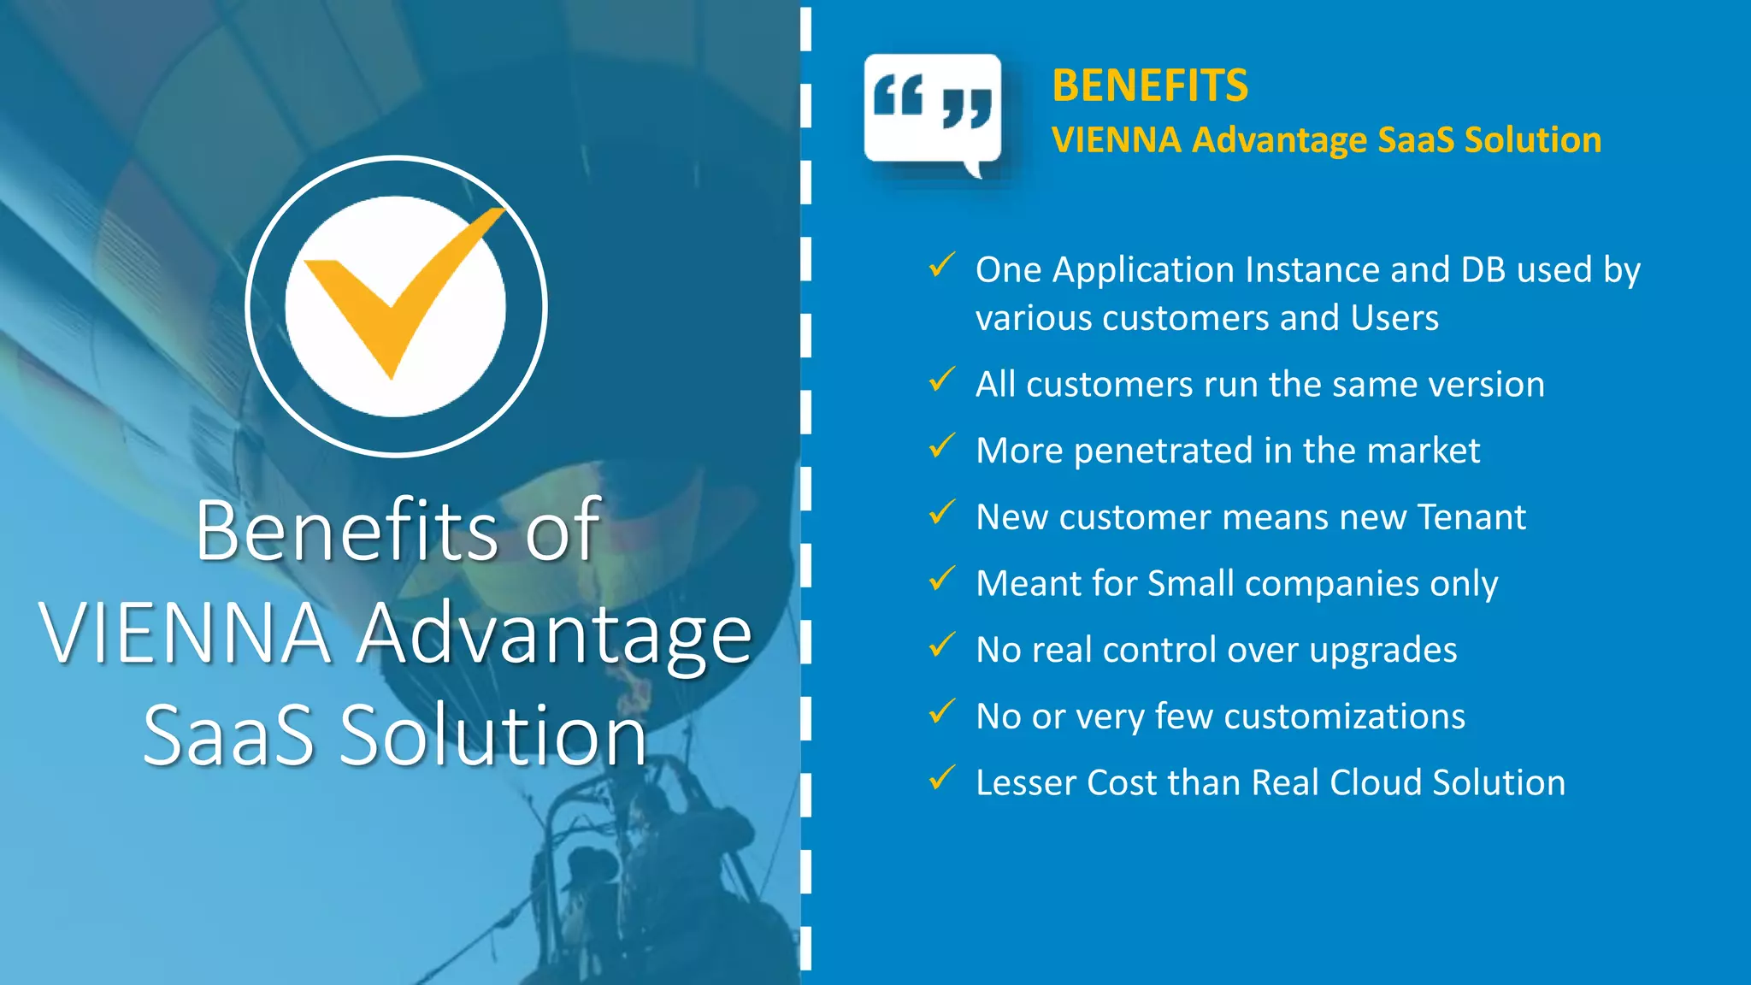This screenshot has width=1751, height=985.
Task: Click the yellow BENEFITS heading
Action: (1150, 86)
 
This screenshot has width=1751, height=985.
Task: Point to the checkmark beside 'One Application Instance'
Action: (941, 265)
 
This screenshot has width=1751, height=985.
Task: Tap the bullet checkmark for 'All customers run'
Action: (941, 380)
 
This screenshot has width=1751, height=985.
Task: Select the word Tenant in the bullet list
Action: (1471, 517)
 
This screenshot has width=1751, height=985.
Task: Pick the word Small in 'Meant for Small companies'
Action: (1191, 584)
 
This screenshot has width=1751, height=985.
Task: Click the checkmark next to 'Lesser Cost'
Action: (941, 778)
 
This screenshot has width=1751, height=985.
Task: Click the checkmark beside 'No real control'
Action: (941, 646)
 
